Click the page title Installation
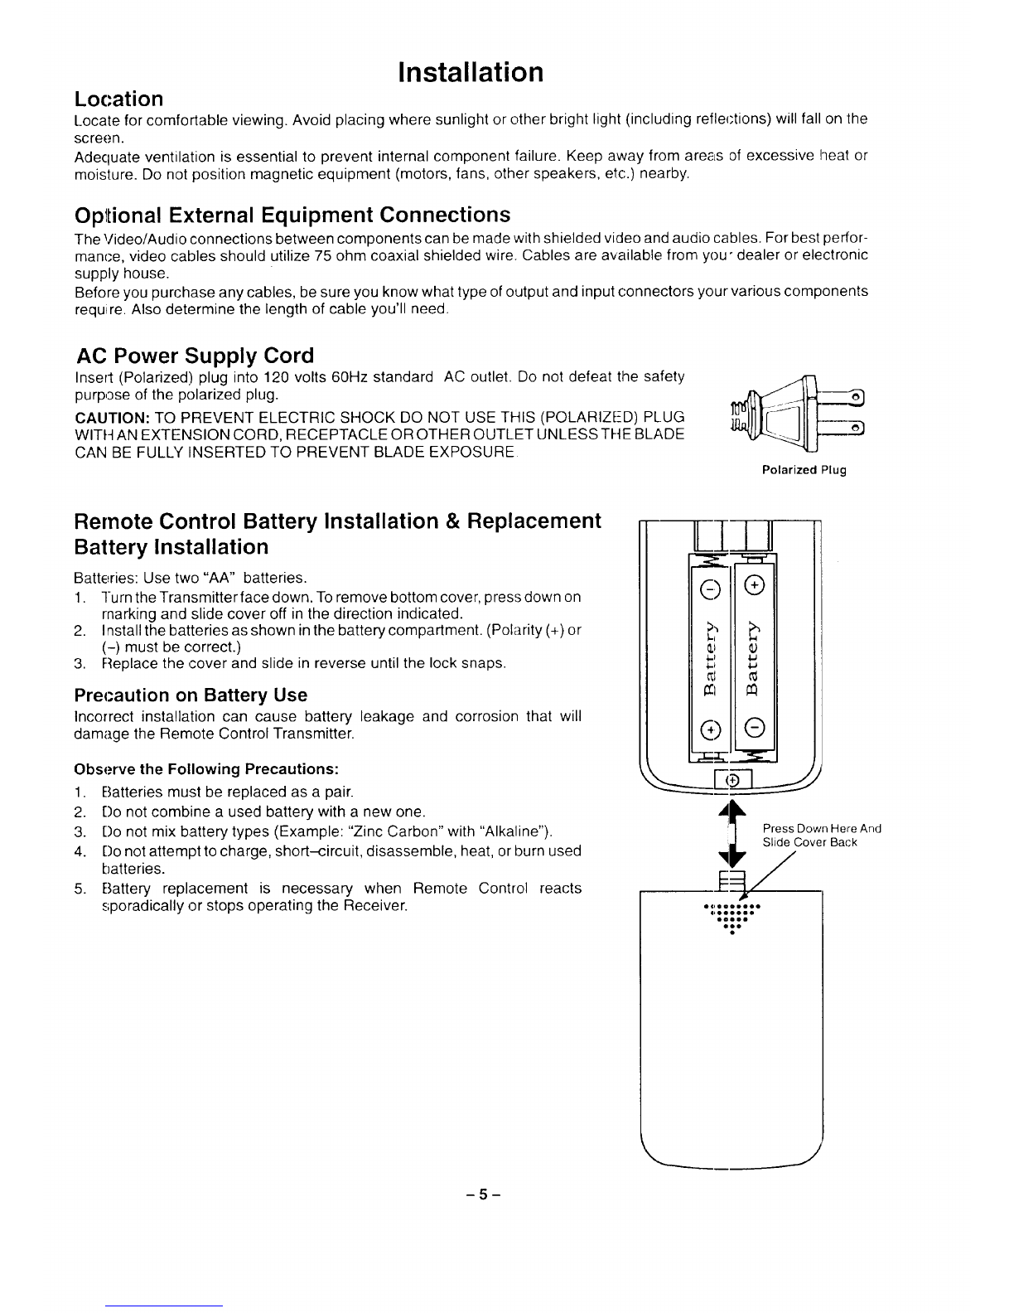471,72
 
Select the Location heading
118,99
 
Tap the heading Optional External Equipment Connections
292,216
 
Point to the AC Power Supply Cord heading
195,356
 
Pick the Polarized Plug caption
804,471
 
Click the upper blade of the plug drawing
841,397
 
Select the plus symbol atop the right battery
754,585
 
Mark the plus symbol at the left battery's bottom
708,729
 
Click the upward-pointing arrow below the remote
730,813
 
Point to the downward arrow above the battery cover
730,860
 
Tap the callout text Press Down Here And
821,829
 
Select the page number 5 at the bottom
484,1196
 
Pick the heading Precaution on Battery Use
191,695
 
